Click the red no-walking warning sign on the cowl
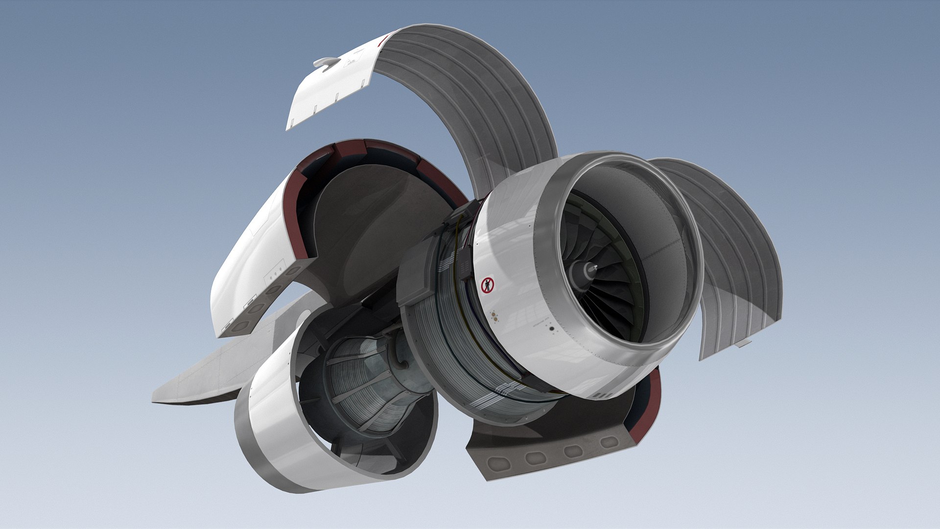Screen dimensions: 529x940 (488, 285)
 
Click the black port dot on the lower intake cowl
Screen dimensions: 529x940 (552, 329)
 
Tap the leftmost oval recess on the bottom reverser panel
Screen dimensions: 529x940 (497, 463)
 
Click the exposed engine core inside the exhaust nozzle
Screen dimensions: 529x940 (362, 387)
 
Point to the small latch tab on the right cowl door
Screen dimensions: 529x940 (743, 343)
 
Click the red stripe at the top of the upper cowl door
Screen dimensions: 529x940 (385, 39)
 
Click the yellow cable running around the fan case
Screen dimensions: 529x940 (458, 255)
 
